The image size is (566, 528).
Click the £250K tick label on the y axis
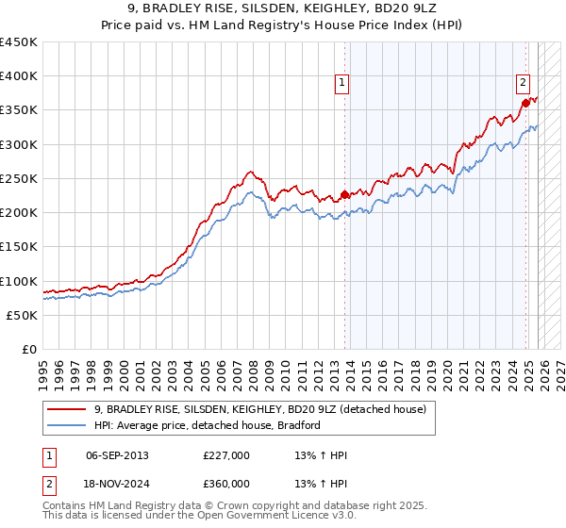tap(19, 178)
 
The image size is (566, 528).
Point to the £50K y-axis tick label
tap(22, 315)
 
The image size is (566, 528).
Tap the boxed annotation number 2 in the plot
tap(523, 82)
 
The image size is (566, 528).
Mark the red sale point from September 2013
tap(345, 195)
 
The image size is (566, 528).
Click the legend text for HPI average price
tap(208, 425)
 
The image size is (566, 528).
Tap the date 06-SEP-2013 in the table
tap(117, 455)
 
